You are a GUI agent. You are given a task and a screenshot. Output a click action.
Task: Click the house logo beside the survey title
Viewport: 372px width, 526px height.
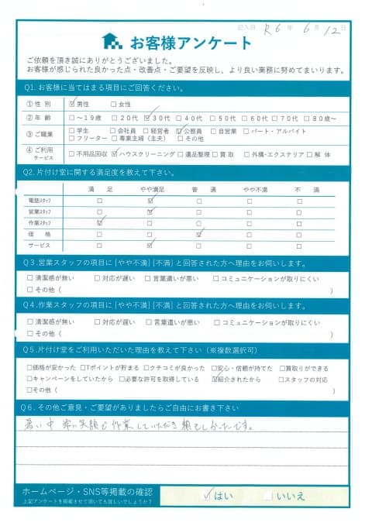tap(112, 41)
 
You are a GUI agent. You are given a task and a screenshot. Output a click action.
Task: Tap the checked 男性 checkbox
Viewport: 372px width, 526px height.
tap(73, 104)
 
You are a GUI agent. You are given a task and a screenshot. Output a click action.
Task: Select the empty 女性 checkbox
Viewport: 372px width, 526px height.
tap(114, 104)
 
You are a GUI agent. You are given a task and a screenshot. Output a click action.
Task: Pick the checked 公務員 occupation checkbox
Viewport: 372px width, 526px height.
tap(180, 131)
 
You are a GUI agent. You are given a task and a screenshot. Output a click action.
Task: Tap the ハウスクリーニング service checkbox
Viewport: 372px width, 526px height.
tap(116, 153)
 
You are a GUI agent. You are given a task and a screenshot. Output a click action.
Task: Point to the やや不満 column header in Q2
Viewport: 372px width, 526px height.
tap(249, 189)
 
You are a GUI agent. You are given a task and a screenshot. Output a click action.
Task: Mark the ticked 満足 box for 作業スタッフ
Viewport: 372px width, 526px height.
tap(99, 222)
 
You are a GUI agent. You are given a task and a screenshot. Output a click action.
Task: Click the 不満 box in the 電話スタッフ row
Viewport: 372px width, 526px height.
tap(299, 200)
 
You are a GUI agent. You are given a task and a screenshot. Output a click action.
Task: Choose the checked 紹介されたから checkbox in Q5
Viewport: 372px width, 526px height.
tap(215, 380)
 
